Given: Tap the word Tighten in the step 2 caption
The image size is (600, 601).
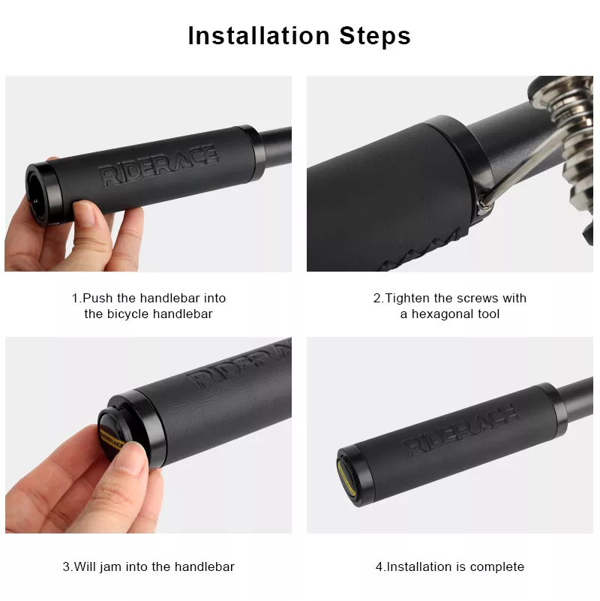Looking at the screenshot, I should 408,298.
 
